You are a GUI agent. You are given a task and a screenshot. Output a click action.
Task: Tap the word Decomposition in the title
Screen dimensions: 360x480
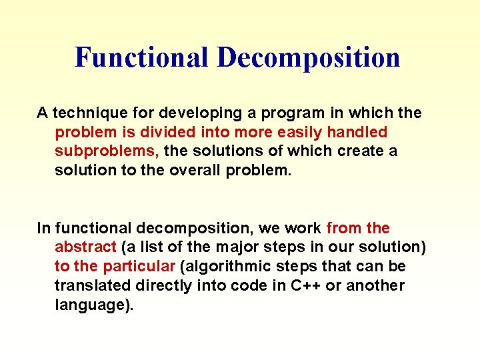(308, 57)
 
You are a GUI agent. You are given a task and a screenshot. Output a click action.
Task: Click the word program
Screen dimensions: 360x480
(273, 113)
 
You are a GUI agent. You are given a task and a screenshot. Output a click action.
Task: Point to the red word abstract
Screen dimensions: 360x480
(85, 247)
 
